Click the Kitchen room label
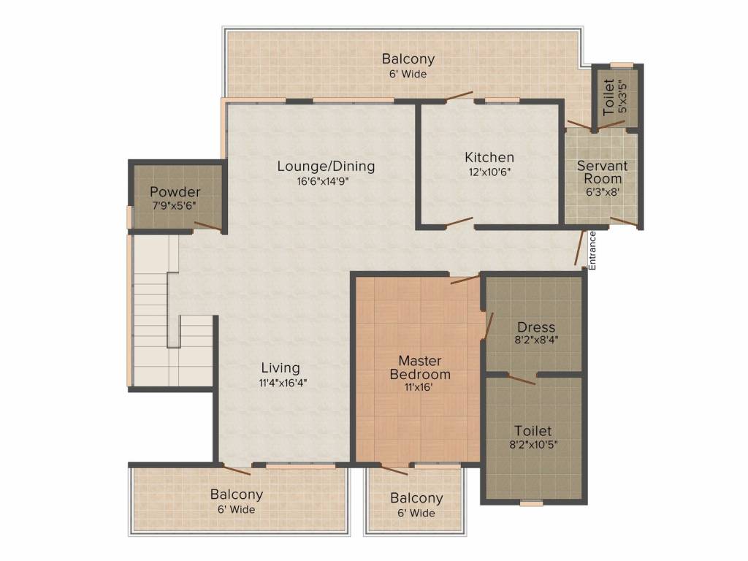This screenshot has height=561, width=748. [x=489, y=157]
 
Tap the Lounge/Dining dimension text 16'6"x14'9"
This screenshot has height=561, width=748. [x=327, y=181]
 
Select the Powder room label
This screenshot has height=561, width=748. [x=175, y=192]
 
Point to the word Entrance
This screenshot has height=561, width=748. [x=592, y=251]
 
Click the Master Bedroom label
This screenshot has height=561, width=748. [x=420, y=367]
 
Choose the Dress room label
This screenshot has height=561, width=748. [x=536, y=327]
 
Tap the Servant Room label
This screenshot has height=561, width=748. [x=603, y=172]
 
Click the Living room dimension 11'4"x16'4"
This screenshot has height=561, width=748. [x=283, y=383]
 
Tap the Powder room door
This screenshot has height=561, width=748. [x=208, y=226]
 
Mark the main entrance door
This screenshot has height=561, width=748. [x=579, y=248]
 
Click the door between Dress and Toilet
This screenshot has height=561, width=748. [x=521, y=379]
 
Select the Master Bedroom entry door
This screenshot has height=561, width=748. [x=465, y=279]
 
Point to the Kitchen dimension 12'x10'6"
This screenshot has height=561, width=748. [x=490, y=172]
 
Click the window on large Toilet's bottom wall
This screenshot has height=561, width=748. [x=532, y=503]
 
